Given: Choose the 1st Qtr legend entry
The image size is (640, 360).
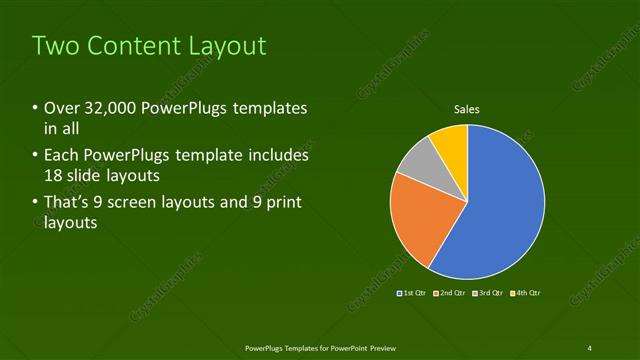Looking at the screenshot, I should pyautogui.click(x=412, y=293).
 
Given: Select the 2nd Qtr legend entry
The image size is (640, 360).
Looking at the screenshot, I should pyautogui.click(x=448, y=293).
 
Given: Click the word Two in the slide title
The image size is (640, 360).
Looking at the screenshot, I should pyautogui.click(x=56, y=46).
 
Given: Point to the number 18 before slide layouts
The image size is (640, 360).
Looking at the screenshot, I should pyautogui.click(x=54, y=175).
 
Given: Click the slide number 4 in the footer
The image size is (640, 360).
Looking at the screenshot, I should pyautogui.click(x=590, y=347).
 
